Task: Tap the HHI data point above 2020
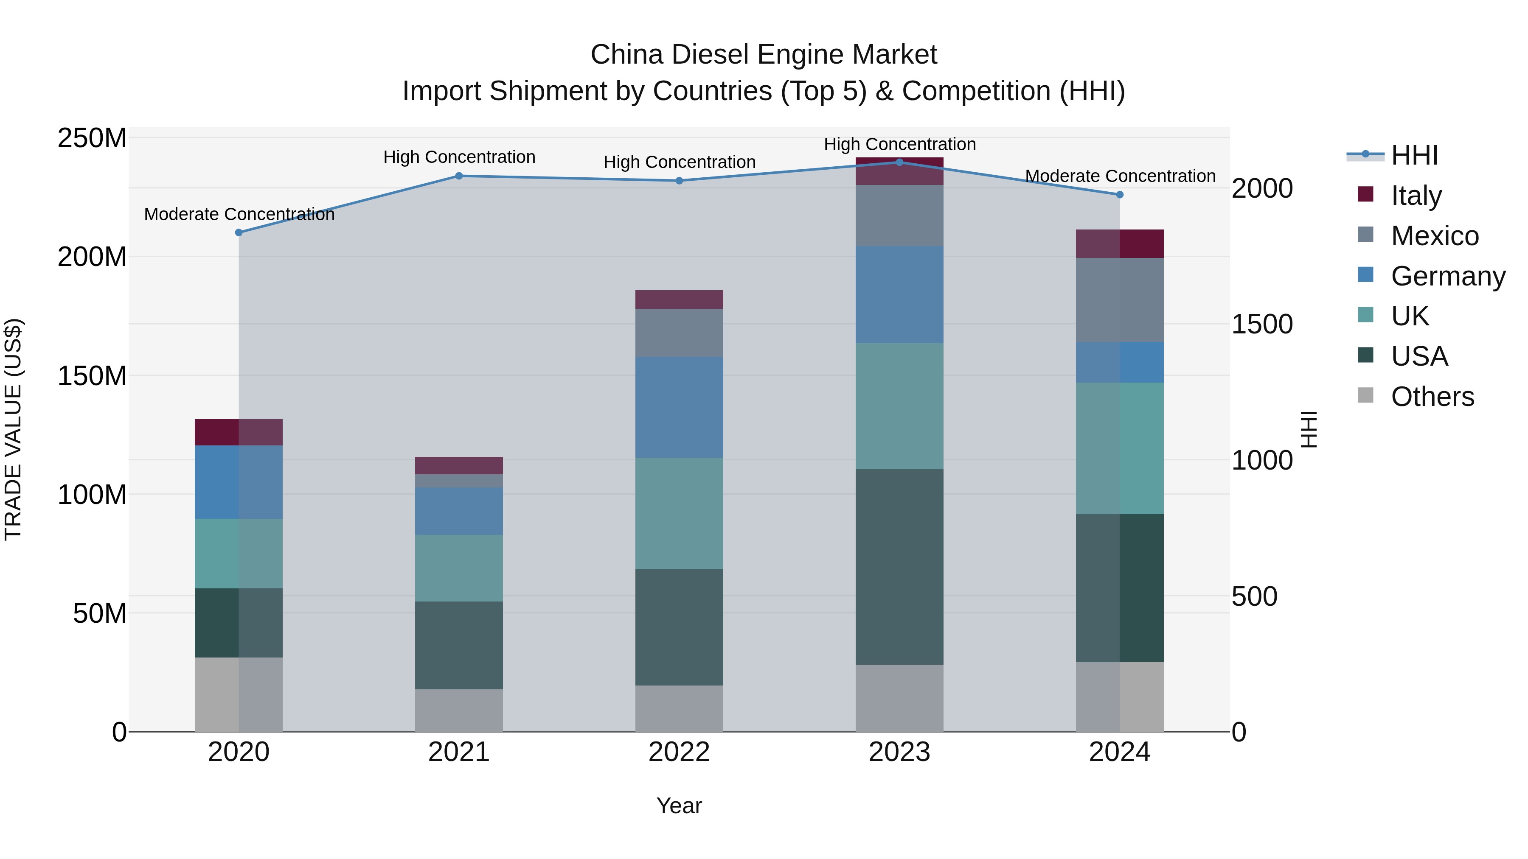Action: [239, 232]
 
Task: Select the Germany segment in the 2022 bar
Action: [679, 407]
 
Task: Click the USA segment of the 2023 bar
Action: [899, 566]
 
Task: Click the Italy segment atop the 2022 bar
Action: [679, 299]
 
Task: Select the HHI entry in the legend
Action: [1414, 155]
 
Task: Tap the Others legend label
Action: [1432, 397]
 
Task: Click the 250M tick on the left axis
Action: [92, 138]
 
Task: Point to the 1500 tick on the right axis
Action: [1262, 324]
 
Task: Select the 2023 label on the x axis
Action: [899, 752]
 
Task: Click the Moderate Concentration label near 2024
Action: [1120, 176]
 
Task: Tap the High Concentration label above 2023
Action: [899, 144]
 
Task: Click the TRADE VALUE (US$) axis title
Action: [13, 429]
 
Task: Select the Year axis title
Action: [679, 806]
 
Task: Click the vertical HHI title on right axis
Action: [1309, 429]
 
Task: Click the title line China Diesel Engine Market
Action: [764, 55]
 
